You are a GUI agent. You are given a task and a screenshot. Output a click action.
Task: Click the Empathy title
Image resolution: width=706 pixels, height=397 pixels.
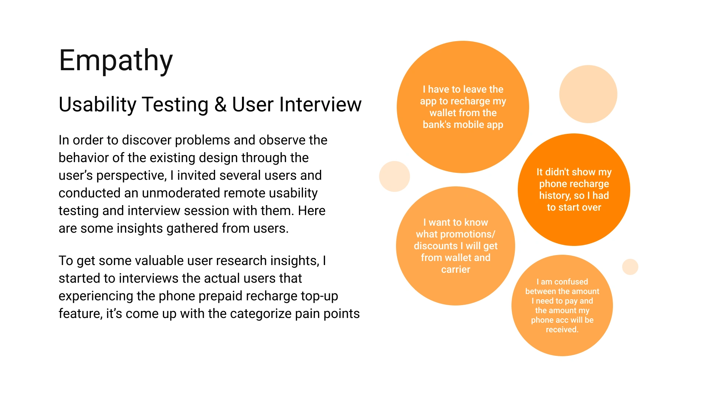(x=116, y=61)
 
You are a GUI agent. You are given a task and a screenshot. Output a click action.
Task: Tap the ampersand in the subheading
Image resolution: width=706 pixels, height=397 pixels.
(x=220, y=104)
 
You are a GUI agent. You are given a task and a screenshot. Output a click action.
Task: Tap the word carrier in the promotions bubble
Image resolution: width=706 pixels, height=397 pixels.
(x=456, y=269)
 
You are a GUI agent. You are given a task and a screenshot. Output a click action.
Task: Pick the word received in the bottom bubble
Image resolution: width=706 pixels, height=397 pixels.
(x=562, y=330)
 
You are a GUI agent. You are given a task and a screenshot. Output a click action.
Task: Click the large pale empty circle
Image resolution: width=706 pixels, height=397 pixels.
(x=588, y=94)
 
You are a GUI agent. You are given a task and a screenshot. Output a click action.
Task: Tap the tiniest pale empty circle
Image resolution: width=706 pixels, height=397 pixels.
(x=630, y=267)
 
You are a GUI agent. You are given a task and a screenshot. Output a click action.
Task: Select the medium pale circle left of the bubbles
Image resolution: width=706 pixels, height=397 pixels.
(x=395, y=176)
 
